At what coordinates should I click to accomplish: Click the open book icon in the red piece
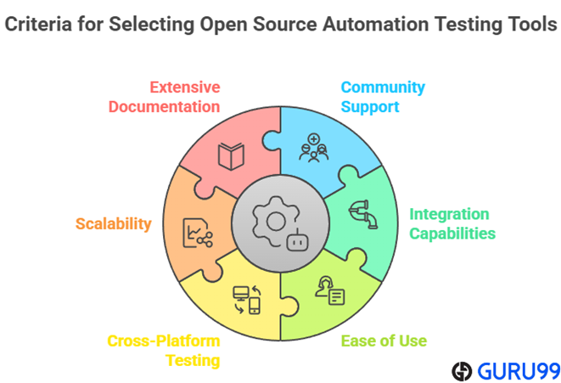pyautogui.click(x=231, y=156)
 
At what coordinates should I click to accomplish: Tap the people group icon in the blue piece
pyautogui.click(x=314, y=148)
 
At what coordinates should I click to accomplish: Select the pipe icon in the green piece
pyautogui.click(x=363, y=214)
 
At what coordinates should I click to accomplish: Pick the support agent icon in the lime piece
pyautogui.click(x=330, y=290)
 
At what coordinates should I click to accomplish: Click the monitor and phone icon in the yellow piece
pyautogui.click(x=247, y=300)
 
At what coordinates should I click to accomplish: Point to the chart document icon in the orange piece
pyautogui.click(x=198, y=233)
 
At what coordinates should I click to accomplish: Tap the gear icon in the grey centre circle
pyautogui.click(x=275, y=221)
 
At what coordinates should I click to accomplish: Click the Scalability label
pyautogui.click(x=114, y=224)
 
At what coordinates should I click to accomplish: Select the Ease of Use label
pyautogui.click(x=384, y=341)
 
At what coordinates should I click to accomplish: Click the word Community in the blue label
pyautogui.click(x=383, y=87)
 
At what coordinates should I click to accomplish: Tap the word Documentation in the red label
pyautogui.click(x=164, y=107)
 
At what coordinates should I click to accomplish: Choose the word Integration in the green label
pyautogui.click(x=449, y=214)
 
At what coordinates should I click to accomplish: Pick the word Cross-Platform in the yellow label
pyautogui.click(x=164, y=341)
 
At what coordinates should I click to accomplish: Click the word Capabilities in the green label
pyautogui.click(x=452, y=234)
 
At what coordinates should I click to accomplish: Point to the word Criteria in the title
pyautogui.click(x=38, y=25)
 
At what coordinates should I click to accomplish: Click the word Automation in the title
pyautogui.click(x=376, y=25)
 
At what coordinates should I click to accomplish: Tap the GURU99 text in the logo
pyautogui.click(x=519, y=371)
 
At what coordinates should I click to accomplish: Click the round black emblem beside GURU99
pyautogui.click(x=462, y=371)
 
